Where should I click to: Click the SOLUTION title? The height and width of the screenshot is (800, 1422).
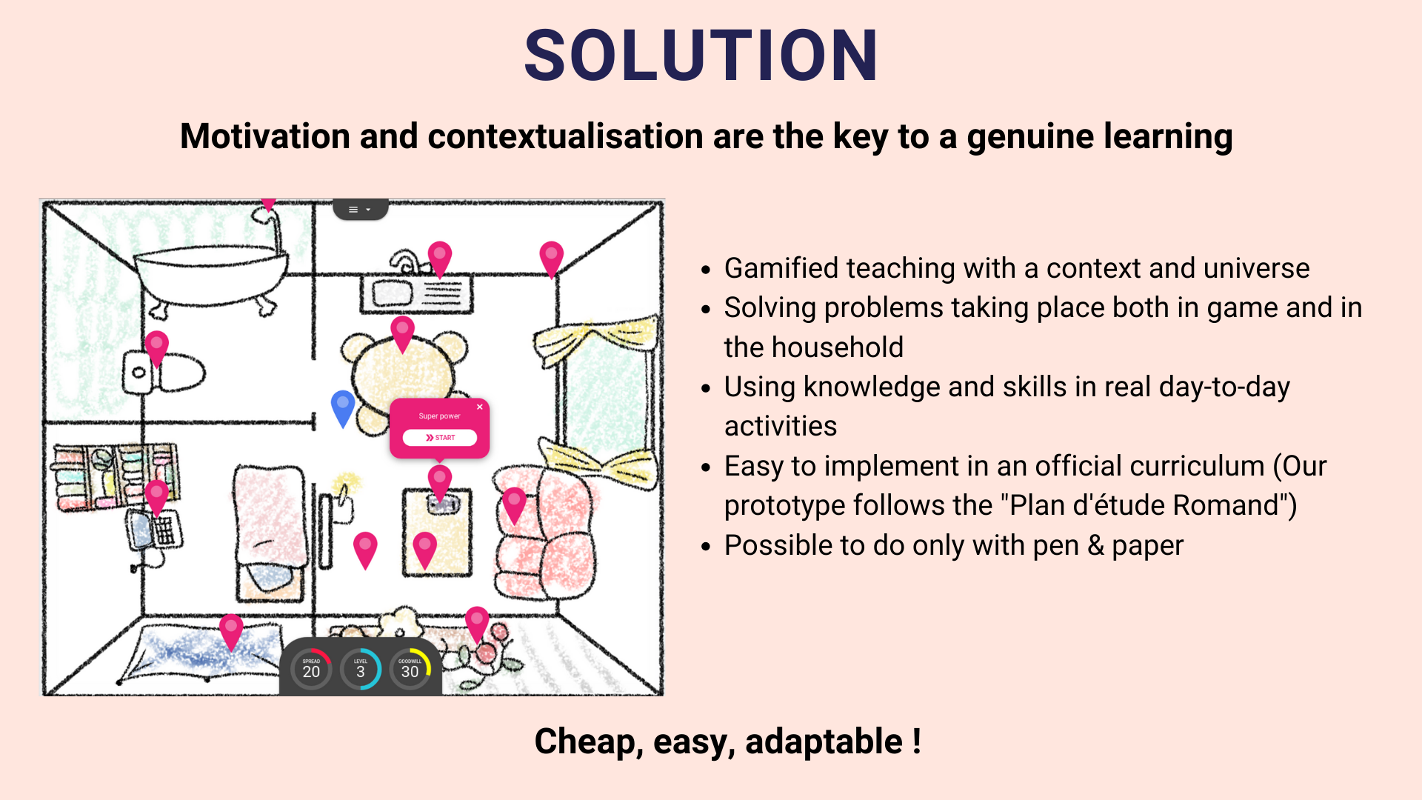pos(701,56)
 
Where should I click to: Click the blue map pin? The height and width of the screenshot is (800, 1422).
pos(343,408)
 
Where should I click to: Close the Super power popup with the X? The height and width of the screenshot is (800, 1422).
pos(480,407)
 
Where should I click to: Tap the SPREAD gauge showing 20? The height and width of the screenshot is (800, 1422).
pos(311,669)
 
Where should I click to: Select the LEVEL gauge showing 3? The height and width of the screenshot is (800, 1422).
pos(361,669)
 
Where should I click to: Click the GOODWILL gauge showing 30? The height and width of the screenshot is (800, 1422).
pos(410,669)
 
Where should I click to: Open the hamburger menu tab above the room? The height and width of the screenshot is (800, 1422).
pos(360,210)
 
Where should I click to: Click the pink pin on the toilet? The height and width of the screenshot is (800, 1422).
pos(156,349)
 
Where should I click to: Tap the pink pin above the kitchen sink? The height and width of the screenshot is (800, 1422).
pos(440,259)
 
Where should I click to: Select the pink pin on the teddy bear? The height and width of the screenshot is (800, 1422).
pos(402,334)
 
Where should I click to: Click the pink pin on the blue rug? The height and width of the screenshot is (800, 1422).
pos(231,632)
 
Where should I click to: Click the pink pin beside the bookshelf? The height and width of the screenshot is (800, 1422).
pos(156,498)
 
